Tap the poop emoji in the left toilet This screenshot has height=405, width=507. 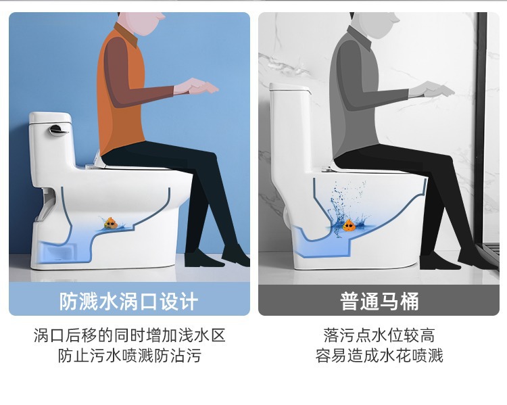point(111,223)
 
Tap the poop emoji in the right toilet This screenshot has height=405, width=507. point(349,225)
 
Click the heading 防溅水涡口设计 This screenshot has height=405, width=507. point(128,301)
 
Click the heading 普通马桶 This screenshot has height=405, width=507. point(379,301)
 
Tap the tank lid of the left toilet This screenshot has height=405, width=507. point(50,118)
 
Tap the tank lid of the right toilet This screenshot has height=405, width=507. point(290,87)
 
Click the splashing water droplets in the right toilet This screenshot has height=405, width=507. point(346,207)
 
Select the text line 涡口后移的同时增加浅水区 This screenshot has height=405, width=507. point(129,335)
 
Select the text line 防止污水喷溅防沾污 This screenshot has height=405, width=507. point(129,355)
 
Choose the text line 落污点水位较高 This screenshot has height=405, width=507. point(379,335)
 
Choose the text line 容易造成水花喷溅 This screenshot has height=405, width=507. point(379,355)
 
